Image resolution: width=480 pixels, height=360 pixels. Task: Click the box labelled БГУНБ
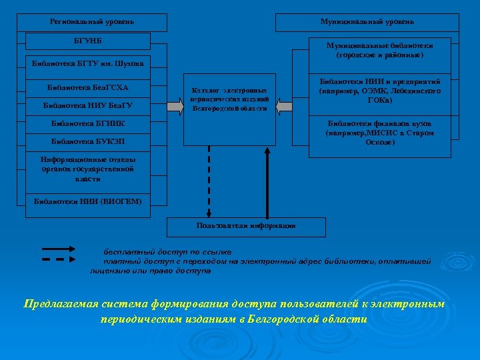[x=92, y=42]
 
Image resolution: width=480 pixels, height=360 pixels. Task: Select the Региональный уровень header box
[x=92, y=22]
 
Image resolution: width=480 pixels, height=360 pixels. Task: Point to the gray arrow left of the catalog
[x=176, y=105]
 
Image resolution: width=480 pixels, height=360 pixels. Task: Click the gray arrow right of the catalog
[x=283, y=105]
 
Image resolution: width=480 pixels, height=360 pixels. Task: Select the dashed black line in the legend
[x=62, y=260]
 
